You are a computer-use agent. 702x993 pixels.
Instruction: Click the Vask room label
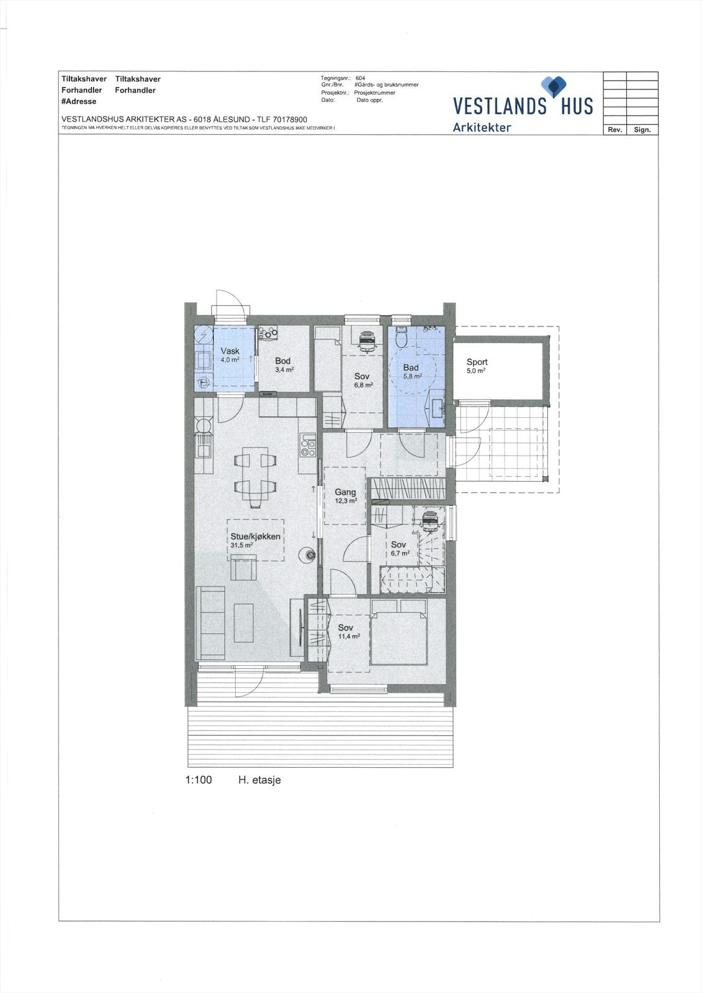point(230,351)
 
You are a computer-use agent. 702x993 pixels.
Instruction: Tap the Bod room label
point(283,361)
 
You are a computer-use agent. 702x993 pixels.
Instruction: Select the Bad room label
point(411,367)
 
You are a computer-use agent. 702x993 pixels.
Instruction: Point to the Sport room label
point(477,362)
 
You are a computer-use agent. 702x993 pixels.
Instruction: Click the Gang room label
point(346,492)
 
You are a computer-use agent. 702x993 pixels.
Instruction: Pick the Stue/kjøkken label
point(256,537)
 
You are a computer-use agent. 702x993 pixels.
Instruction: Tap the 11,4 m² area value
point(349,637)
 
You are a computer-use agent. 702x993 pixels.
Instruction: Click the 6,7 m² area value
point(400,553)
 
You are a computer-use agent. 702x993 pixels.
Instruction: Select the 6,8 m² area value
point(364,385)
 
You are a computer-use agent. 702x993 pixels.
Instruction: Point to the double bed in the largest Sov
point(398,638)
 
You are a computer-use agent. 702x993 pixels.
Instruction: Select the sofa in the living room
point(210,622)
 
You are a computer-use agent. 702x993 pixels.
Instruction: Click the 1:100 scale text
point(199,780)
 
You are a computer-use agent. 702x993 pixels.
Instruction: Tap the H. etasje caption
point(259,780)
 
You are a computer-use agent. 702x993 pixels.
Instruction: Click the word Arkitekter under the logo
point(482,127)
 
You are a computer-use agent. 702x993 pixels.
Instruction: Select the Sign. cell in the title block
point(642,130)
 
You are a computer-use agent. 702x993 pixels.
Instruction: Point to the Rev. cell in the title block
point(614,130)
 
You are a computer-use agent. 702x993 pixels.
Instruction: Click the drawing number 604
point(360,78)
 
